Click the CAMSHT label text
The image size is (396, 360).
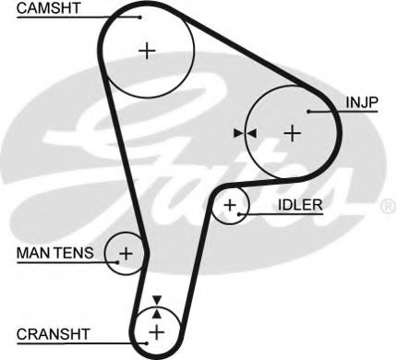point(48,8)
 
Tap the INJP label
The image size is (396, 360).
point(362,102)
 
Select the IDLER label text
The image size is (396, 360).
point(300,205)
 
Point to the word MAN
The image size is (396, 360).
point(32,253)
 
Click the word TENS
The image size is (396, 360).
point(74,253)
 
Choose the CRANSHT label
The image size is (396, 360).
point(54,334)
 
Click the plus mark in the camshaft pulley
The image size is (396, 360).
point(147,51)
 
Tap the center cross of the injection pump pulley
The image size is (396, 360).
point(292,134)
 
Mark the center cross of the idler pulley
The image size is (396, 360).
point(230,205)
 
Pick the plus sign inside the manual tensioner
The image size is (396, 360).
point(126,254)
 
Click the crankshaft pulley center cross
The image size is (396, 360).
point(157,332)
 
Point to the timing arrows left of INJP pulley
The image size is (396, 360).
point(245,133)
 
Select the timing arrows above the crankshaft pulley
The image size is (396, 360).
point(157,307)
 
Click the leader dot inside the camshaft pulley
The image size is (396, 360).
point(140,17)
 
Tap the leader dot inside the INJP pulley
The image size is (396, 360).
point(308,112)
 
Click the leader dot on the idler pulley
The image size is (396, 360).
point(239,214)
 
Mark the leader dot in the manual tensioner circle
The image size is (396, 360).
point(117,262)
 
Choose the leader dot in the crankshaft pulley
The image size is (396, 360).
point(147,343)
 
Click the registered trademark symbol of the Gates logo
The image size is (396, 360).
point(389,206)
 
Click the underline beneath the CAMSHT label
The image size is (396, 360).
point(78,18)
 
